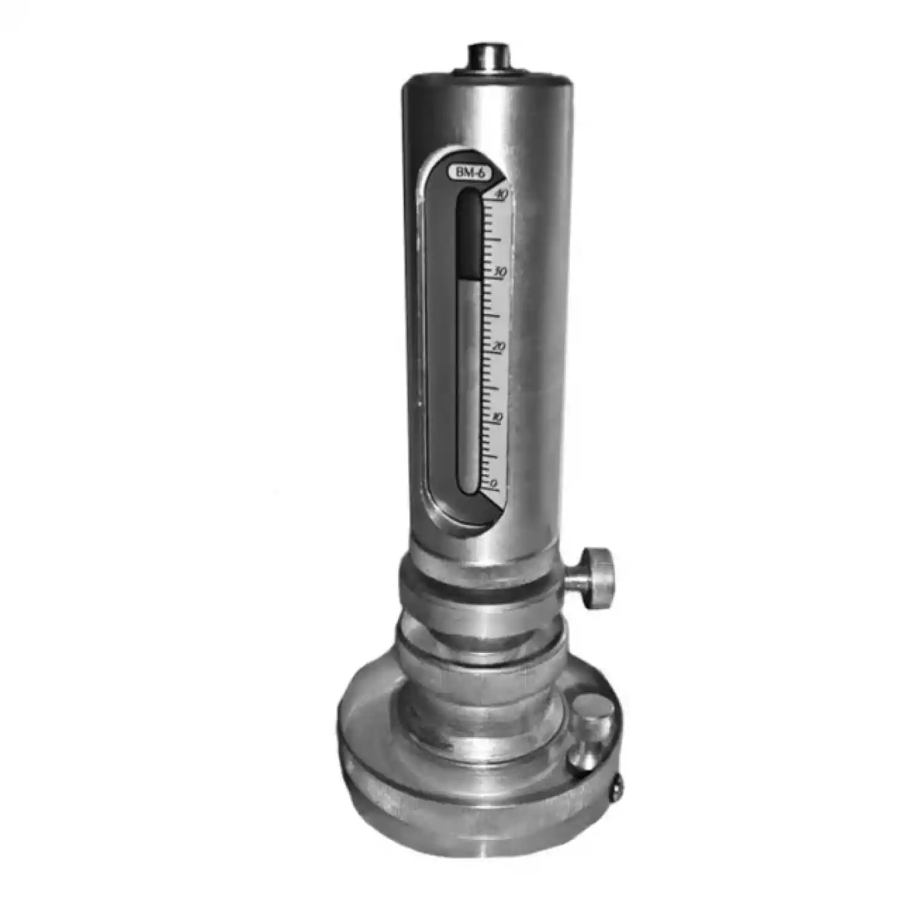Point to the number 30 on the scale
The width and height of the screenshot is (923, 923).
500,271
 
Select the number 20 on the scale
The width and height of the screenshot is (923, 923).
498,346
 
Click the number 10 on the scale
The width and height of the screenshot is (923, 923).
497,417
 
